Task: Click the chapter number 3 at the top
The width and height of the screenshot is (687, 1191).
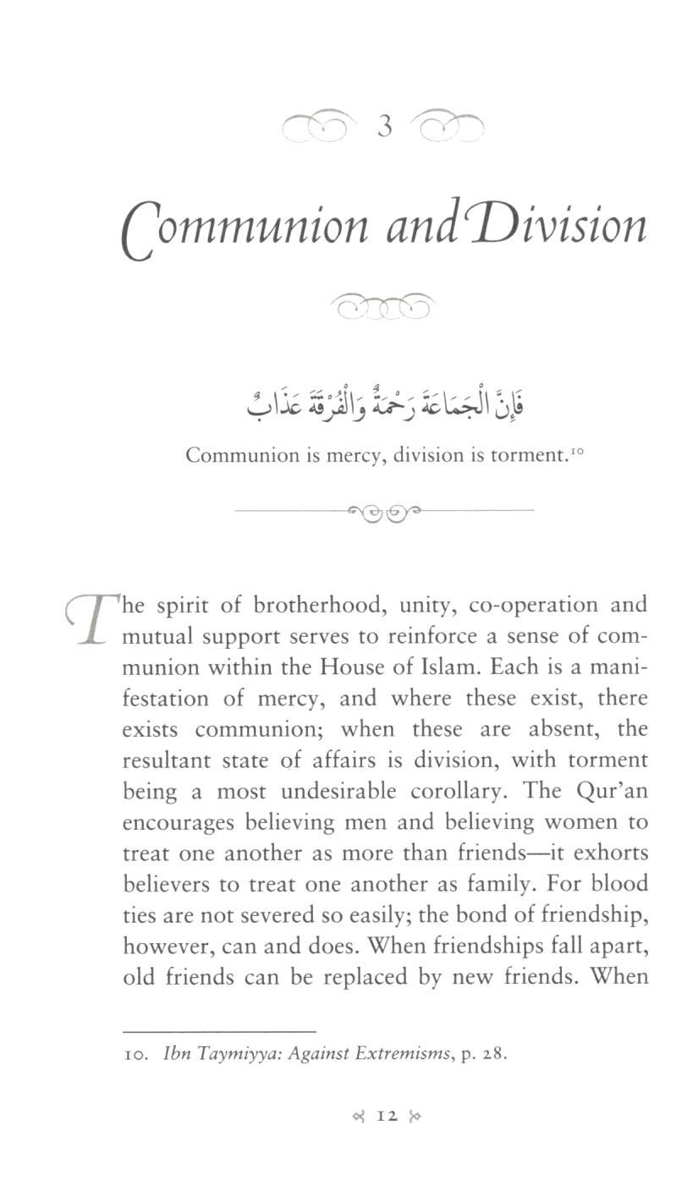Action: click(385, 127)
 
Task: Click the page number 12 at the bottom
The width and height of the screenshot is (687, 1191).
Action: click(387, 1116)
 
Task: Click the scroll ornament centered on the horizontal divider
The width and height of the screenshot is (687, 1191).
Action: click(385, 512)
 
